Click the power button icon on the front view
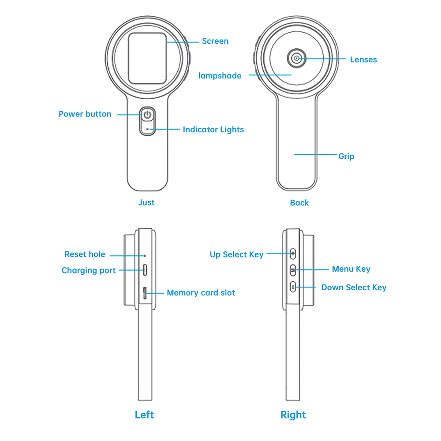(148, 115)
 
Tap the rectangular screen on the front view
(147, 59)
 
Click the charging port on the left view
(145, 270)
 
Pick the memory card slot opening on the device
(145, 293)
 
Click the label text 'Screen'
(215, 41)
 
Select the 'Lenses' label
(363, 60)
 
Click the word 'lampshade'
(220, 76)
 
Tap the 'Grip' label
(346, 156)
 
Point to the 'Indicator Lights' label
(213, 130)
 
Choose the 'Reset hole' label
(85, 254)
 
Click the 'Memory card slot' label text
(201, 293)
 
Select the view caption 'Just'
(146, 202)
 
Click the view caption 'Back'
(299, 203)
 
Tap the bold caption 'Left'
(144, 415)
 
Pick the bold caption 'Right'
(293, 415)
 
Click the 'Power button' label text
(85, 114)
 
